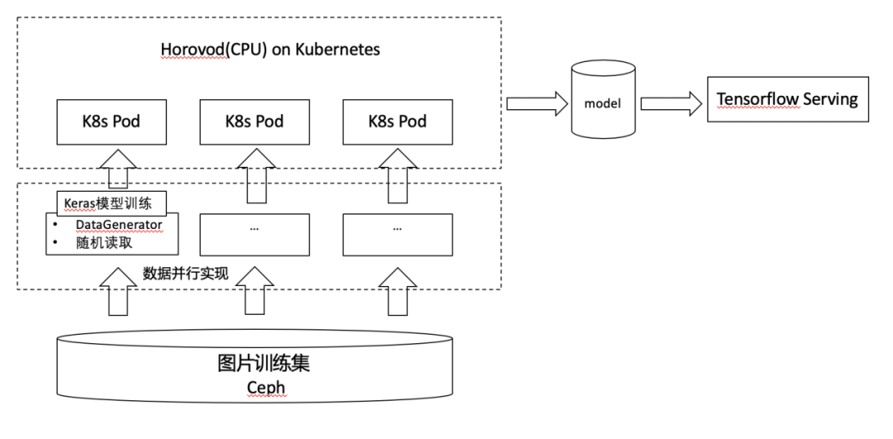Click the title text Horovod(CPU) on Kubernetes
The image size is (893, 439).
[270, 50]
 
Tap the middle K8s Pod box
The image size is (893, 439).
[255, 122]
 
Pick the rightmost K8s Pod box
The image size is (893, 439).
[398, 122]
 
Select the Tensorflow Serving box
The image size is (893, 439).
[787, 100]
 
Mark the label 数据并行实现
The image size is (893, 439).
[185, 274]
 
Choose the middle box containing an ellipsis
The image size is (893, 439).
[255, 234]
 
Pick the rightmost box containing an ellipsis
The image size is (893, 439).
[398, 234]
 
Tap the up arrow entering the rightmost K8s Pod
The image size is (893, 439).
[397, 175]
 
